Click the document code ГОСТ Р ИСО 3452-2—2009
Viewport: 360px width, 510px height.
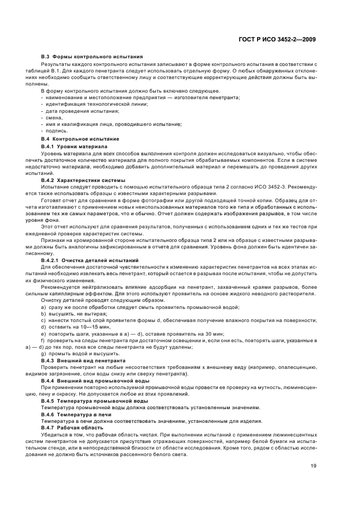coord(278,39)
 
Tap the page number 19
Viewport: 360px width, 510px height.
coord(314,466)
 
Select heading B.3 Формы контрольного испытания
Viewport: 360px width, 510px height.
coord(92,57)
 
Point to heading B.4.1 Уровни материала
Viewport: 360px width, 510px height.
coord(74,147)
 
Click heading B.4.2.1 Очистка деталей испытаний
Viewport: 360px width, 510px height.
coord(90,246)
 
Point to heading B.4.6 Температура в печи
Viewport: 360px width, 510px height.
coord(77,414)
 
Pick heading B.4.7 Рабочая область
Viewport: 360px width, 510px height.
coord(71,427)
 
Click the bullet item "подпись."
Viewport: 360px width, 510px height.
coord(57,131)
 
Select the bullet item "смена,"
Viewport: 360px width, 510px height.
coord(54,117)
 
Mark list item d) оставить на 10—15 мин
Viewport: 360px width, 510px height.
coord(76,326)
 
